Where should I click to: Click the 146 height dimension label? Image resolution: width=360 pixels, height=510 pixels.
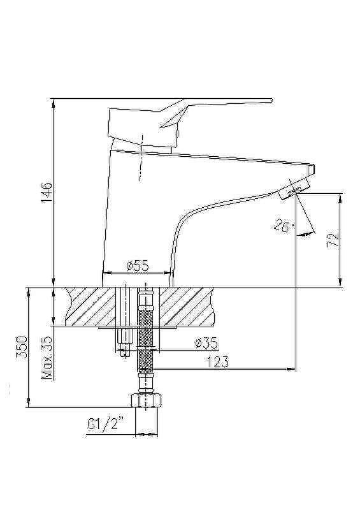47,193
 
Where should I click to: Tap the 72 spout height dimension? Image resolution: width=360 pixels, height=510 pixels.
333,240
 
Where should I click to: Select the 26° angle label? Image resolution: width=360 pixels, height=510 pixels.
284,226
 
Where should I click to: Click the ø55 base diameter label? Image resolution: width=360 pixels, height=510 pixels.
137,266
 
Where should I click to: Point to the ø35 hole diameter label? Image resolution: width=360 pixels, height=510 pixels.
206,343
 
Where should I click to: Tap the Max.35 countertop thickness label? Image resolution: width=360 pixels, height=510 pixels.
47,358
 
